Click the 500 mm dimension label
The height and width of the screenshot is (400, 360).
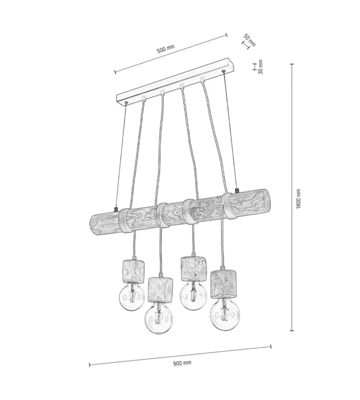coord(166,49)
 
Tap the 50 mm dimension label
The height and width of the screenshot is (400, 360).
coord(249,40)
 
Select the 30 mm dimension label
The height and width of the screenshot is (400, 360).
coord(260,67)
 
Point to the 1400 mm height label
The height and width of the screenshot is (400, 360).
coord(298,199)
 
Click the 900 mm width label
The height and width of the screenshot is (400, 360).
coord(182,363)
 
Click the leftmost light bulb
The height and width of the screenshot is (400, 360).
coord(132,297)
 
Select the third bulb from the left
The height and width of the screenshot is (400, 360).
coord(193,296)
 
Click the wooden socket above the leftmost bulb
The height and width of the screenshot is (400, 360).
coord(133,271)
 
